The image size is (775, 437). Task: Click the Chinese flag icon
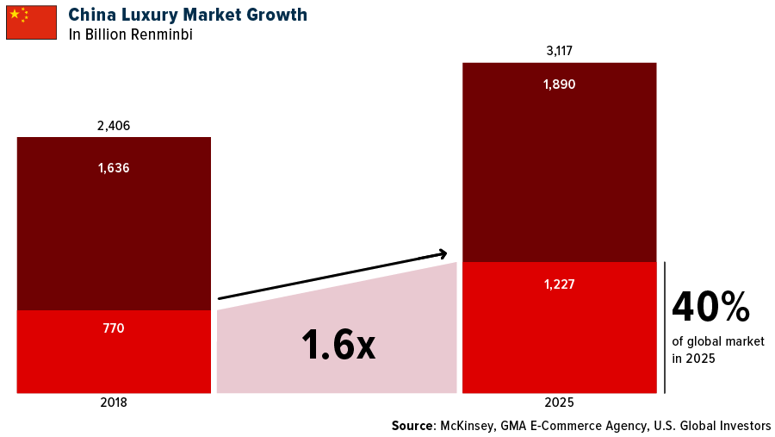(31, 22)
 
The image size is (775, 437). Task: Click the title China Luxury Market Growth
(188, 15)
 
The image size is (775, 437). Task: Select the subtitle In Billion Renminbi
(130, 35)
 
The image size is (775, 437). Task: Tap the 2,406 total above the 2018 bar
(114, 126)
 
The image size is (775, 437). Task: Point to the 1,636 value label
(114, 168)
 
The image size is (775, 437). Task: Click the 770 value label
(114, 328)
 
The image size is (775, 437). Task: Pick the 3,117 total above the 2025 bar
(559, 51)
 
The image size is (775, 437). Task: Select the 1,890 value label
(559, 84)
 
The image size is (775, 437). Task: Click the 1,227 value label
(559, 284)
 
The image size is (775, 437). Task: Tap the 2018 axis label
(114, 403)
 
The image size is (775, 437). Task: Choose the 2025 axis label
(559, 403)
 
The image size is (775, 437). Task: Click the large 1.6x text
(338, 345)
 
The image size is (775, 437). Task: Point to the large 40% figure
(710, 307)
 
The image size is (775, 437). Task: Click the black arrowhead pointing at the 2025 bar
(443, 253)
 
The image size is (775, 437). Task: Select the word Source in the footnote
(414, 426)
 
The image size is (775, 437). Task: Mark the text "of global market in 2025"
(717, 349)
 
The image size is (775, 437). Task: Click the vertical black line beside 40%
(665, 328)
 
